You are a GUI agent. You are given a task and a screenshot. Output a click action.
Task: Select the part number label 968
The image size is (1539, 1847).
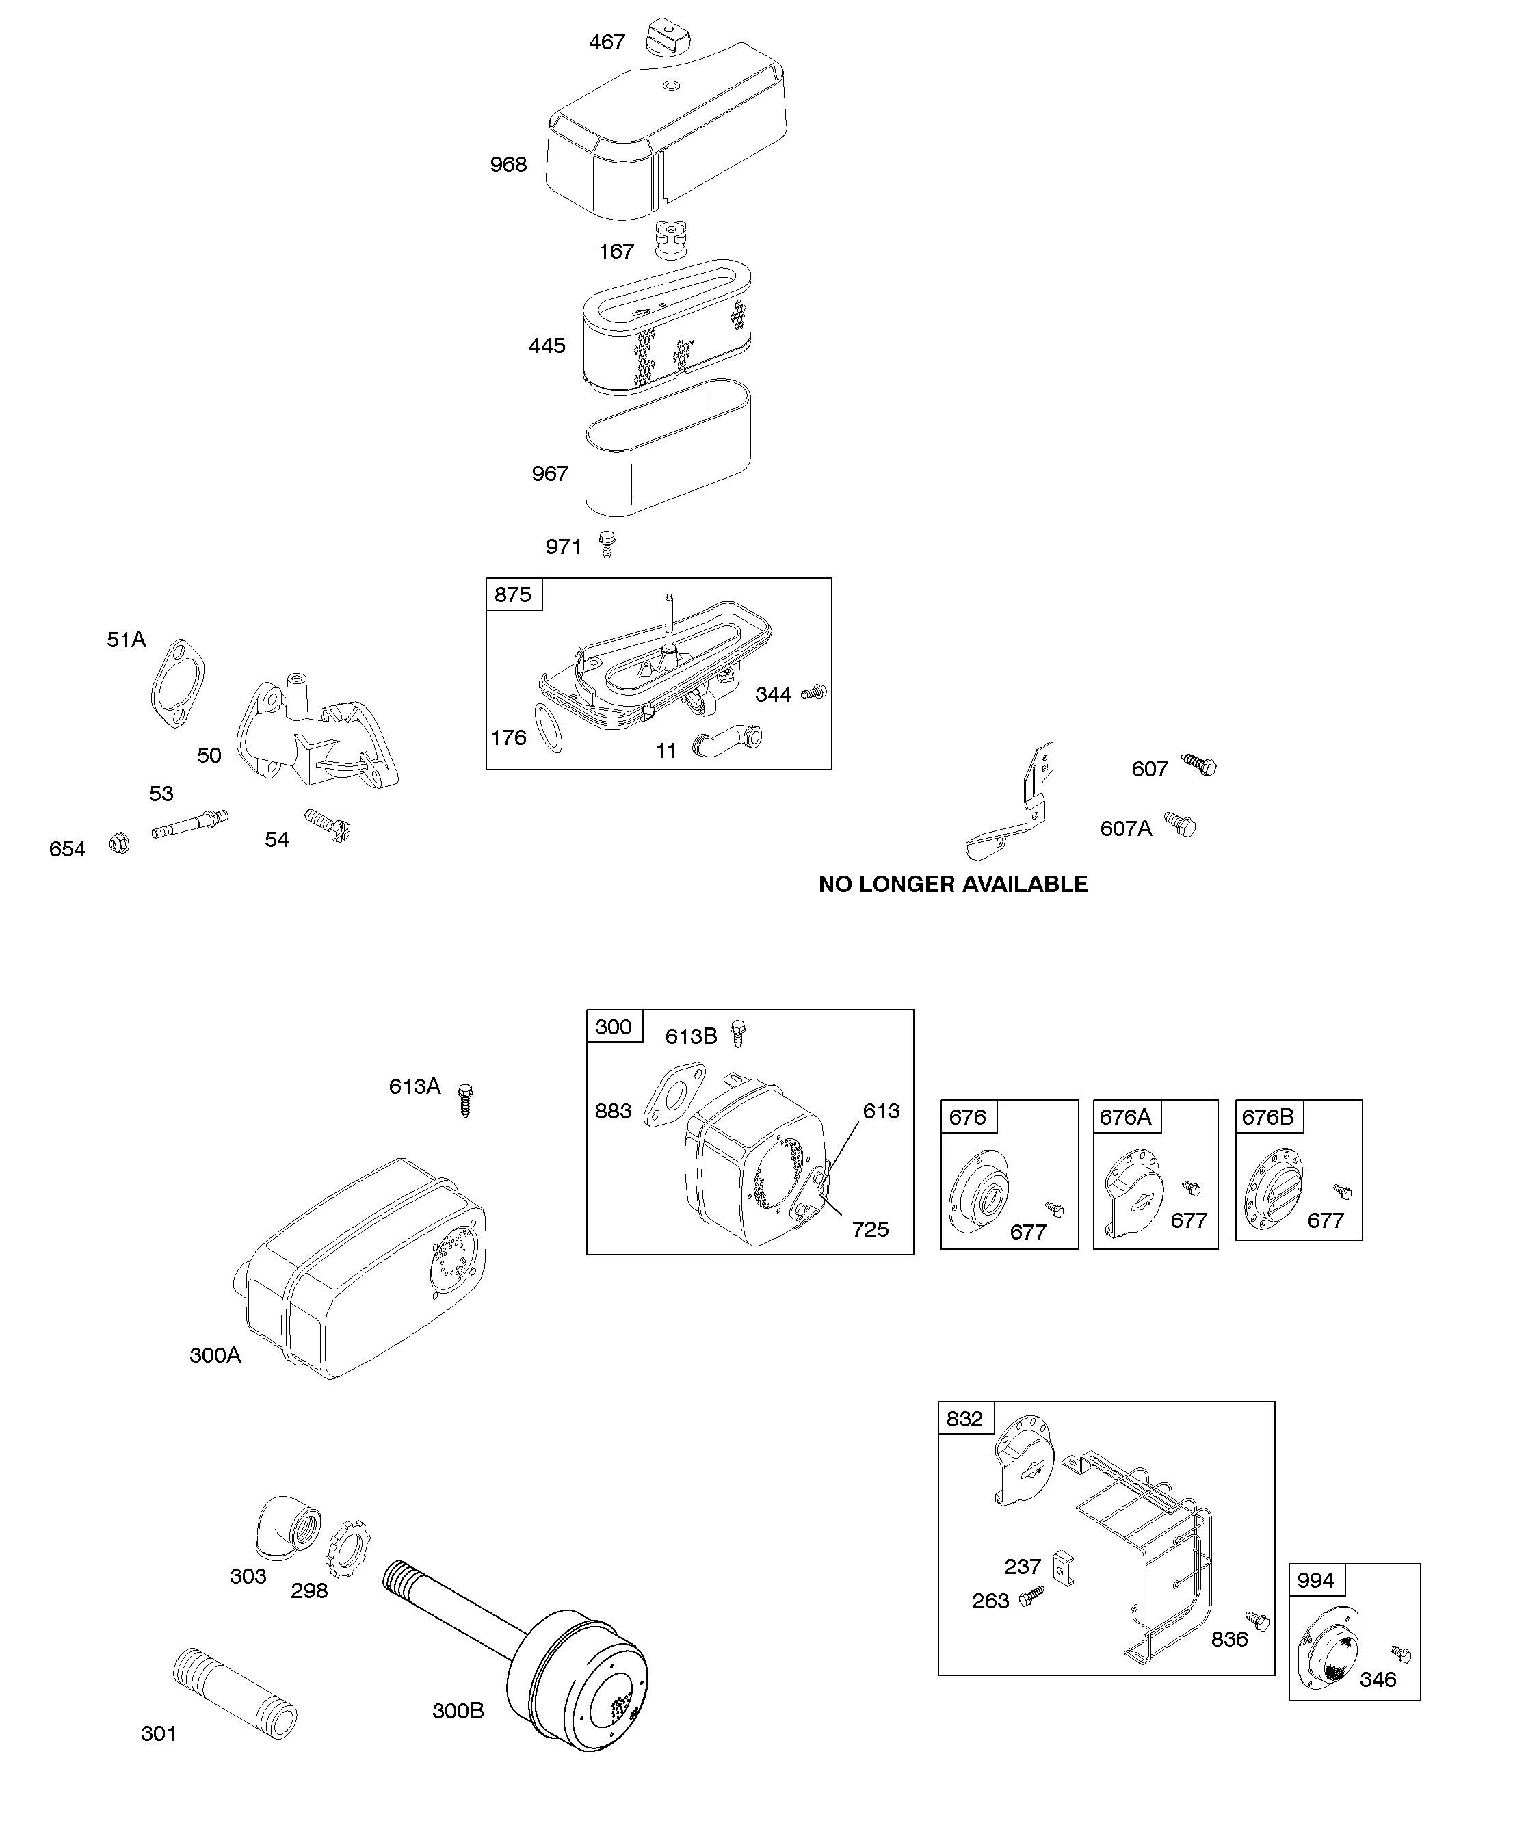(x=508, y=164)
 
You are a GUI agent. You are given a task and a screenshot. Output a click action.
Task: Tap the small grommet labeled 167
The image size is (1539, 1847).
(x=670, y=240)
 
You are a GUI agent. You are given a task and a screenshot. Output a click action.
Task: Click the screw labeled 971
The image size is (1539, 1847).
(x=606, y=544)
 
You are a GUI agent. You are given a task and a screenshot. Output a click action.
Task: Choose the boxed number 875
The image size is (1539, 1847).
(x=513, y=594)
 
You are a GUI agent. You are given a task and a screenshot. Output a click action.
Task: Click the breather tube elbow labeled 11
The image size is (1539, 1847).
(x=726, y=742)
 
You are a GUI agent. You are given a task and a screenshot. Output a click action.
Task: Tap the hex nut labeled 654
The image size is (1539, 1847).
(x=120, y=844)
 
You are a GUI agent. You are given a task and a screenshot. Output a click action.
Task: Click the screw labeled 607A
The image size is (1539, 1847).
(x=1181, y=824)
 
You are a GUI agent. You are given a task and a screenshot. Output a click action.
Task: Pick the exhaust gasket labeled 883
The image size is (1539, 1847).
(x=674, y=1093)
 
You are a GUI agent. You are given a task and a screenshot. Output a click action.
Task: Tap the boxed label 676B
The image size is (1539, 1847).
(x=1267, y=1117)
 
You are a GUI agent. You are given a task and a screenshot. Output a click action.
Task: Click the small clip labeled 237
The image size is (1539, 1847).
(x=1062, y=1569)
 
